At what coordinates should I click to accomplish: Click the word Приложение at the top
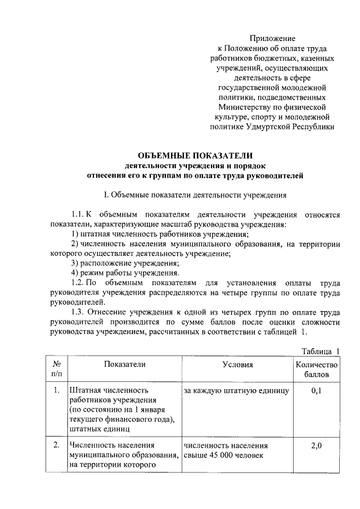(276, 38)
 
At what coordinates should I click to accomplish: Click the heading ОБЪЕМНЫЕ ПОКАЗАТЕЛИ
(194, 155)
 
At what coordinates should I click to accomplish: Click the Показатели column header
(124, 364)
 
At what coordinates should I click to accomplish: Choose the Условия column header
(237, 364)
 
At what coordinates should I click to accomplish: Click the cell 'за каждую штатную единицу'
(236, 390)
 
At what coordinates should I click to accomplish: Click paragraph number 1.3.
(78, 312)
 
